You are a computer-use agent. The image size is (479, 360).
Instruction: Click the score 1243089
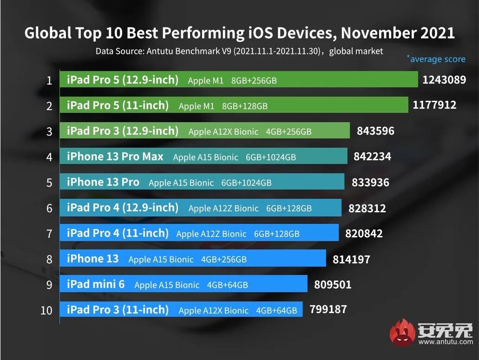(444, 80)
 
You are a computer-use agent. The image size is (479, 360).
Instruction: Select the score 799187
(328, 309)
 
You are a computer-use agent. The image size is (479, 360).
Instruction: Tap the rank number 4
(49, 157)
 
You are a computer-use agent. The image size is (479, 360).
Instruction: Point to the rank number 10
(46, 310)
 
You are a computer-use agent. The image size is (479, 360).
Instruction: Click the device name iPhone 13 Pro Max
(115, 157)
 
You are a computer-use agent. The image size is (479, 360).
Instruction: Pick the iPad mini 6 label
(96, 284)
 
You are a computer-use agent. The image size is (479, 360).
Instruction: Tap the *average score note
(436, 59)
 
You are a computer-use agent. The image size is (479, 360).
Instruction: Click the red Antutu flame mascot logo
(402, 333)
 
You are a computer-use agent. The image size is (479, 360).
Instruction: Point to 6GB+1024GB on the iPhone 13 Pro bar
(246, 183)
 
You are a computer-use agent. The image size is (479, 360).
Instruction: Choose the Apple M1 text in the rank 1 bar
(206, 80)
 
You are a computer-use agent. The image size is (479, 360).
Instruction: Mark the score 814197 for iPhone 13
(351, 259)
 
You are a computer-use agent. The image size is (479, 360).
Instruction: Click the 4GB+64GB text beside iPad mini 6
(228, 285)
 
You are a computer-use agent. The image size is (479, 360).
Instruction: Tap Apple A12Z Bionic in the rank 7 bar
(211, 234)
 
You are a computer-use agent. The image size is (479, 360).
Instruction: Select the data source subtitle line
(239, 51)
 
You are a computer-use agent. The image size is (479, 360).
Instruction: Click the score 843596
(375, 131)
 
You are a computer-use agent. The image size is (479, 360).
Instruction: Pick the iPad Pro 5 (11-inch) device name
(118, 106)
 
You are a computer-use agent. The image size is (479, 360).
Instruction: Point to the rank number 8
(49, 259)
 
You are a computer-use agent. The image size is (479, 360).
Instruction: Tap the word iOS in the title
(258, 33)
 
